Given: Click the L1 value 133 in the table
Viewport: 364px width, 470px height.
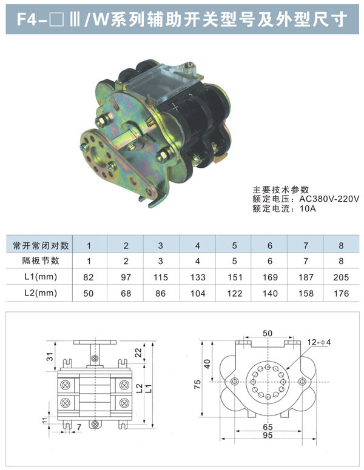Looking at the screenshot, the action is coord(197,277).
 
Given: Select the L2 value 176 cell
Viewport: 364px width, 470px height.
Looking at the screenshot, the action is coord(341,294).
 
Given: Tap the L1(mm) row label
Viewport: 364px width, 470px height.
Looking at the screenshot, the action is coord(41,277).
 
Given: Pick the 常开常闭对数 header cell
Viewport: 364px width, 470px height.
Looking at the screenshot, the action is coord(41,246).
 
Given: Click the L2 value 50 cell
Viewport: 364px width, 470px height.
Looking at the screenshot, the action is coord(89,294).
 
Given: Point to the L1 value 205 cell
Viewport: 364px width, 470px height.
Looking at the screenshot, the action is coord(341,277).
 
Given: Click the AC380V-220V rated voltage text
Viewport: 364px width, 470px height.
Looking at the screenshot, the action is coord(329,199).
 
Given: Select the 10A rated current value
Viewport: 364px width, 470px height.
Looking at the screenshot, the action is coord(308,208).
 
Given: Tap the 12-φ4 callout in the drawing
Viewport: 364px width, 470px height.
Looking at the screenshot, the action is coord(318,342).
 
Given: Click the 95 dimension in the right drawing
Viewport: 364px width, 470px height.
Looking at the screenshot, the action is coord(268,435).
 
